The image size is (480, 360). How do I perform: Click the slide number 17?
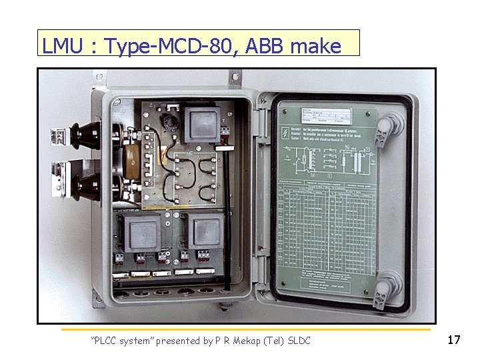pos(453,340)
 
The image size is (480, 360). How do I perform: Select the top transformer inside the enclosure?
pos(203,125)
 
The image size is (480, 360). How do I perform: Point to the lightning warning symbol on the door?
pos(287,133)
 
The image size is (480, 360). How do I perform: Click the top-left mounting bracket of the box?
pos(101,79)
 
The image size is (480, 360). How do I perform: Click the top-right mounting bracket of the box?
pos(236,77)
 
